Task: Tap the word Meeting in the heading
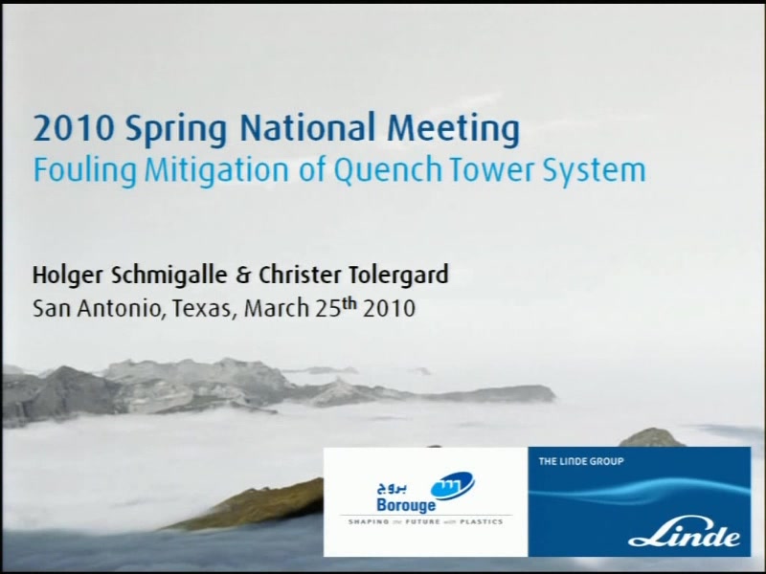click(x=454, y=129)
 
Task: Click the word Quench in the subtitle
click(x=388, y=170)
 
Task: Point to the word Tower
click(x=492, y=170)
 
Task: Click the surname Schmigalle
click(x=169, y=275)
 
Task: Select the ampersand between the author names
click(x=242, y=276)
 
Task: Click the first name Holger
click(x=68, y=276)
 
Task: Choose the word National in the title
click(x=307, y=127)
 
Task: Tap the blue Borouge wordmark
click(x=406, y=505)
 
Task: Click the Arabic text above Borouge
click(x=393, y=487)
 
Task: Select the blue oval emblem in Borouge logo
click(x=452, y=485)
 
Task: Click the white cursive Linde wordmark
click(x=684, y=536)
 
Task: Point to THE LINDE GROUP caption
click(x=581, y=461)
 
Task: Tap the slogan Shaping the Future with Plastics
click(x=425, y=521)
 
